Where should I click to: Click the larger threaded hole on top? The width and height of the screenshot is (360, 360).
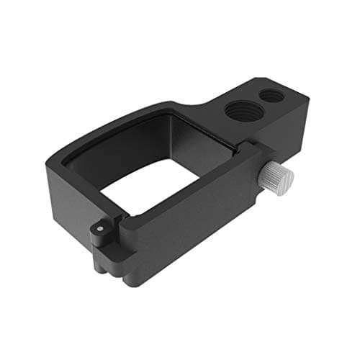coord(238,111)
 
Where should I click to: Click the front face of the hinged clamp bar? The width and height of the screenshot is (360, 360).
coord(180,238)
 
